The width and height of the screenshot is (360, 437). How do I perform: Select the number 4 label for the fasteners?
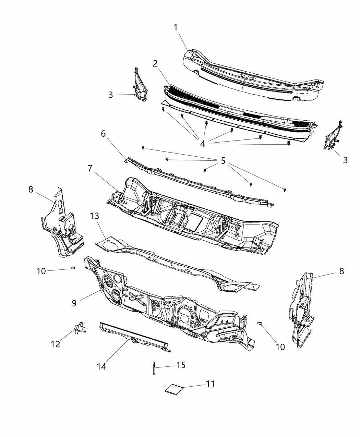[203, 144]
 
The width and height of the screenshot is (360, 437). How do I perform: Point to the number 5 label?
[223, 160]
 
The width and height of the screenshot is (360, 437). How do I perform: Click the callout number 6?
[103, 134]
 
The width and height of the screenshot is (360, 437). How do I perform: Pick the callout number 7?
[90, 168]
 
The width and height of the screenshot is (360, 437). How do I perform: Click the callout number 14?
[101, 366]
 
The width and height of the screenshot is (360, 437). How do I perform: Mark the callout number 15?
[181, 365]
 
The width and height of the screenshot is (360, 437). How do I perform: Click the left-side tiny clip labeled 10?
[73, 268]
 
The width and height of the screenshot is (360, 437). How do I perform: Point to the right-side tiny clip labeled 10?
[260, 323]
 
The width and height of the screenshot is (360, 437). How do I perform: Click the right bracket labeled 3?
[332, 141]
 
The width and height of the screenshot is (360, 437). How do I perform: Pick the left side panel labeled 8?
[62, 226]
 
